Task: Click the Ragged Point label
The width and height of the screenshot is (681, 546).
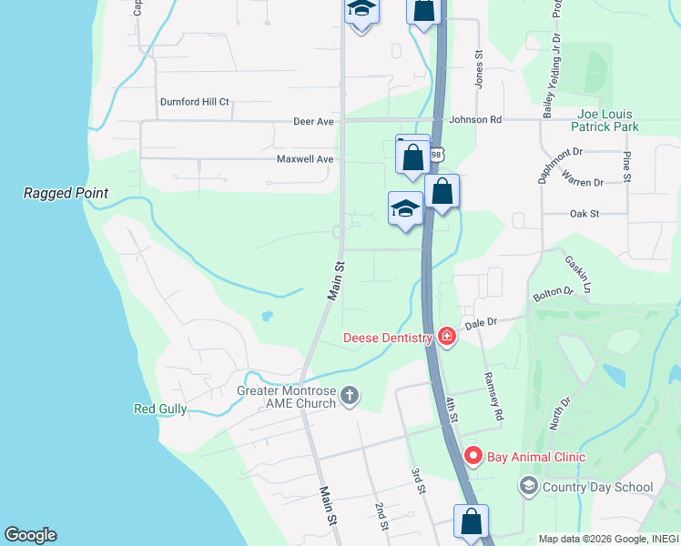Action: pyautogui.click(x=66, y=193)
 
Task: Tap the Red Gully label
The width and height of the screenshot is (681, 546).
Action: pyautogui.click(x=160, y=409)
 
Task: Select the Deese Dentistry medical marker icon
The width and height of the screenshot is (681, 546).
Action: pyautogui.click(x=446, y=338)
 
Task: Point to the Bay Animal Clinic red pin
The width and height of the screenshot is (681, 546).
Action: pyautogui.click(x=473, y=456)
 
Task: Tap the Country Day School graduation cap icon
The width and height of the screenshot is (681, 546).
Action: pyautogui.click(x=528, y=487)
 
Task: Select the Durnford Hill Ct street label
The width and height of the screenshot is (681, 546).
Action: pyautogui.click(x=195, y=102)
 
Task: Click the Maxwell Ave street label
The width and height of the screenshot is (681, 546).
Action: pyautogui.click(x=305, y=159)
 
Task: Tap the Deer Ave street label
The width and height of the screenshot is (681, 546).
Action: pyautogui.click(x=313, y=121)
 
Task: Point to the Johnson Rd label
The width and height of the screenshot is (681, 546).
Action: pyautogui.click(x=475, y=119)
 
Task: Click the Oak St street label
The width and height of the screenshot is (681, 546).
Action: pyautogui.click(x=584, y=214)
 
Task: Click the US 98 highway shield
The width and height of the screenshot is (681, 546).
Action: pyautogui.click(x=437, y=154)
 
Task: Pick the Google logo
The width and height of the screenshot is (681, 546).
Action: pyautogui.click(x=30, y=535)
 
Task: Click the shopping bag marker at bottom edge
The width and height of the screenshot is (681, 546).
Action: pyautogui.click(x=471, y=523)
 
